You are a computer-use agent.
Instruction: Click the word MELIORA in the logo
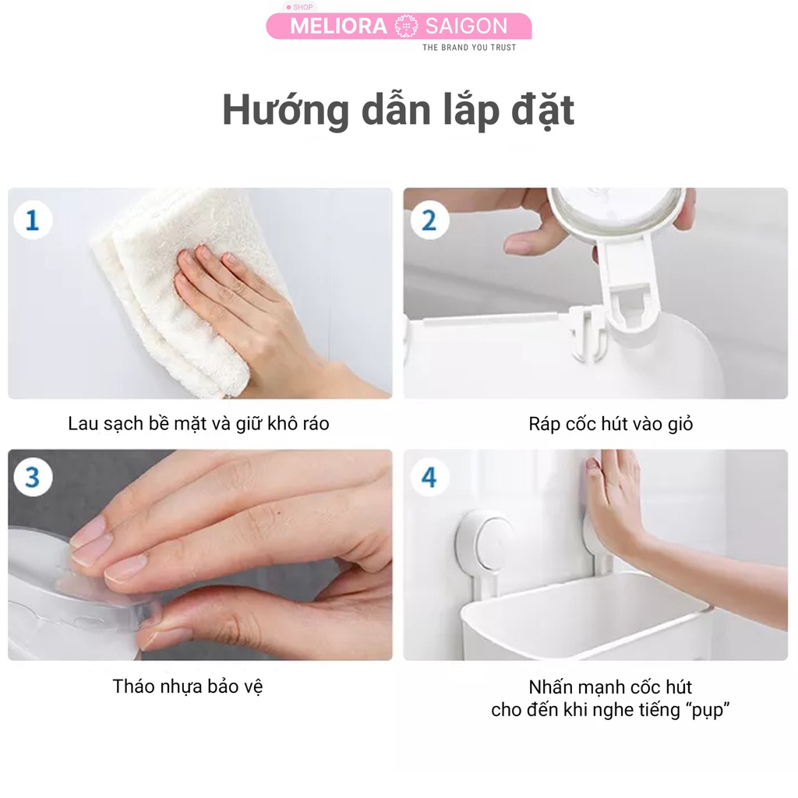tap(337, 26)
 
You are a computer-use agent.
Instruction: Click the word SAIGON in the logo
tap(466, 26)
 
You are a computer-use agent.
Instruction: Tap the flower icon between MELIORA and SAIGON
tap(405, 26)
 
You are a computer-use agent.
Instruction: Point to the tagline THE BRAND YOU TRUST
tap(468, 48)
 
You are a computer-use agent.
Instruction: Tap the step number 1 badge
tap(33, 221)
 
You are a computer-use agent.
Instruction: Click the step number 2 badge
tap(429, 221)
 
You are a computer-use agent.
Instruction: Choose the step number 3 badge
tap(33, 478)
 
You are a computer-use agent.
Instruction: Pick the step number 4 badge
tap(429, 478)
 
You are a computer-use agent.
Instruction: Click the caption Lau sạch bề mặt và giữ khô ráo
tap(199, 424)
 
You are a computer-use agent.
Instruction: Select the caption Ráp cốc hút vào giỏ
tap(610, 424)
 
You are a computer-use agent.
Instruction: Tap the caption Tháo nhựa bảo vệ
tap(188, 687)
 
